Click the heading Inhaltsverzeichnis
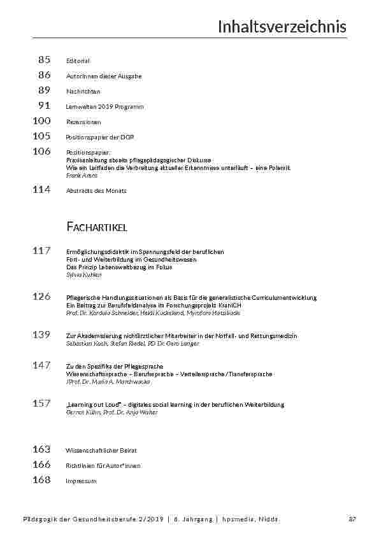(282, 27)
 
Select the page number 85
(44, 60)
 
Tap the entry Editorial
(78, 61)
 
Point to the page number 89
(44, 90)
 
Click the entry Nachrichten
(83, 92)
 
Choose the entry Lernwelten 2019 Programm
(104, 107)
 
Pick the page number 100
(41, 120)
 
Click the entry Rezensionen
(83, 122)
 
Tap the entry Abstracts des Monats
(96, 191)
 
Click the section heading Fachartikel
(97, 227)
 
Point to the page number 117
(41, 251)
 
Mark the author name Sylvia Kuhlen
(83, 275)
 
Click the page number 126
(41, 296)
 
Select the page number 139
(41, 334)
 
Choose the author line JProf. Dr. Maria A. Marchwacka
(108, 382)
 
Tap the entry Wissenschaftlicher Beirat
(101, 451)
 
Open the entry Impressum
(81, 481)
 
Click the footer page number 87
(352, 519)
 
